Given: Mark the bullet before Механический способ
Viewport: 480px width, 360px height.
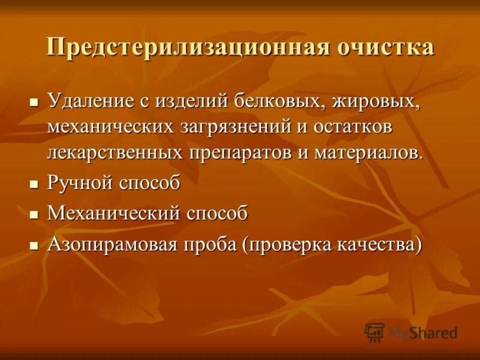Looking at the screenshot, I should click(34, 214).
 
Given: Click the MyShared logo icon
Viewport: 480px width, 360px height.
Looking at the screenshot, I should click(374, 332).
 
